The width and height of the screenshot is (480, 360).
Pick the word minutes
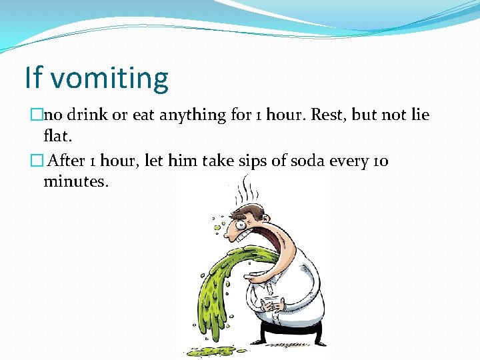point(75,181)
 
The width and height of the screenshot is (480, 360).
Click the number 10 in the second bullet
point(381,161)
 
